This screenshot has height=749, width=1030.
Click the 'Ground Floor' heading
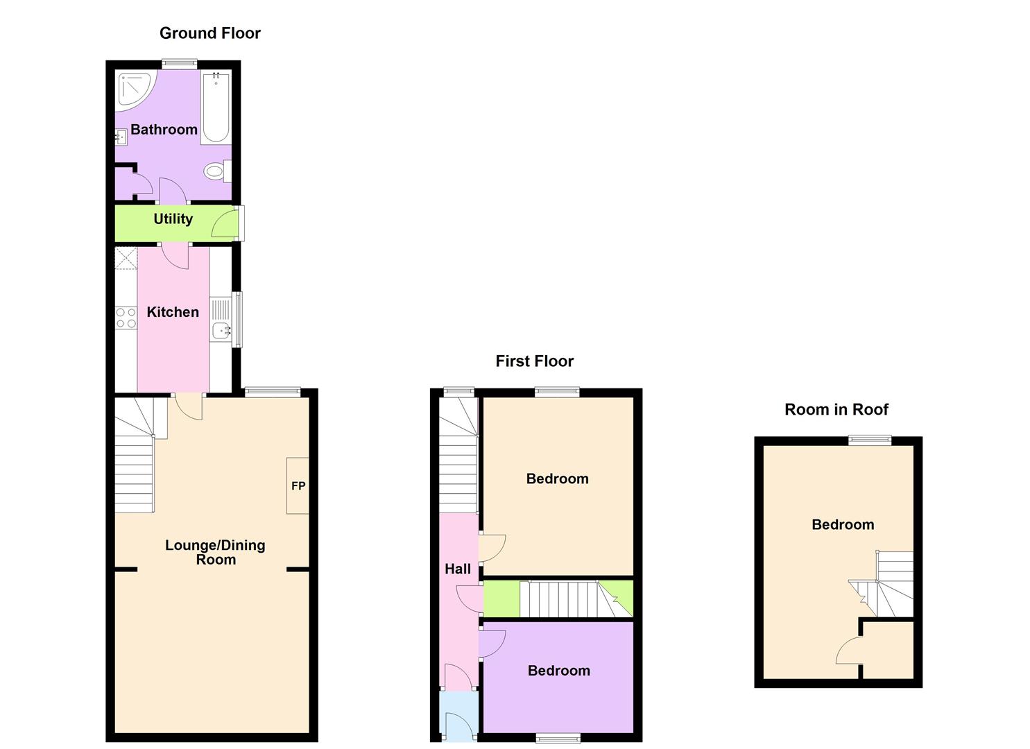click(209, 33)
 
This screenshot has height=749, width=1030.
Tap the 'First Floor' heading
click(534, 361)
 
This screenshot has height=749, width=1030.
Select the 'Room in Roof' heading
click(836, 410)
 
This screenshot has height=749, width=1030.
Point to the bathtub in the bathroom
click(216, 107)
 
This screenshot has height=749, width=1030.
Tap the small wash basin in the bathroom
click(121, 139)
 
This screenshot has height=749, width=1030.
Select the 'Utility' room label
click(173, 219)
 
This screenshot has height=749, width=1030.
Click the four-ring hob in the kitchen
click(126, 318)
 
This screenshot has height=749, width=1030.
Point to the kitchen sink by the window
click(221, 331)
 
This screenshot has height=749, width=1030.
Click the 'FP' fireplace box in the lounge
click(298, 486)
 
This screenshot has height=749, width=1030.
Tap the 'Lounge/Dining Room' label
click(215, 553)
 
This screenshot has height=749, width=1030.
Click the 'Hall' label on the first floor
click(457, 569)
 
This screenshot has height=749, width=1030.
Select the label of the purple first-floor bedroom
click(558, 671)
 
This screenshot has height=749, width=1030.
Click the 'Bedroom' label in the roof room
click(842, 525)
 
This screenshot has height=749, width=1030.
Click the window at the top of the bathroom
click(180, 64)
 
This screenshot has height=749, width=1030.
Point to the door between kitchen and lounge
click(189, 406)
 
